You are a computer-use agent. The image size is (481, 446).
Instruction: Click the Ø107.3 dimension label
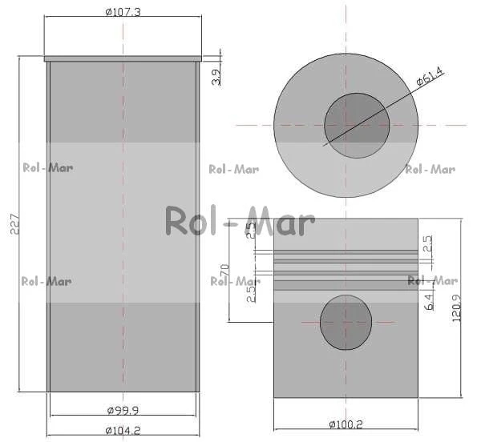click(x=123, y=12)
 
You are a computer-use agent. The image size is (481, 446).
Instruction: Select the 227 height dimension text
click(x=14, y=224)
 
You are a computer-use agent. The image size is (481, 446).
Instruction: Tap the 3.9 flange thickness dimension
click(x=216, y=77)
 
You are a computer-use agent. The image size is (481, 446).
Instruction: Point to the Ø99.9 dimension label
click(x=123, y=410)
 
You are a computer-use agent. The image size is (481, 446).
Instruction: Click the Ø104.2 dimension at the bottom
click(x=123, y=431)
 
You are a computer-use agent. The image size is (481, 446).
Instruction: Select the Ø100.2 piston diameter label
click(x=346, y=424)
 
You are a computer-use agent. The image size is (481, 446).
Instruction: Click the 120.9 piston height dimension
click(x=456, y=307)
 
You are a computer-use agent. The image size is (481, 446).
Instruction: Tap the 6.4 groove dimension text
click(x=430, y=302)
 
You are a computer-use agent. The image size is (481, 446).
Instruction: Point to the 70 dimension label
click(x=224, y=270)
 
